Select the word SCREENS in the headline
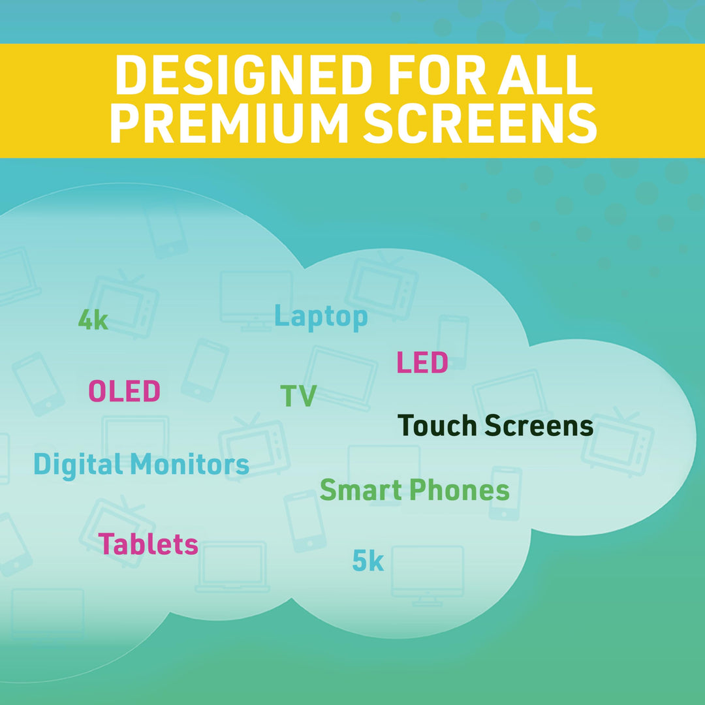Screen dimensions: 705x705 click(480, 123)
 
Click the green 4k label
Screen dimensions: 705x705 click(93, 321)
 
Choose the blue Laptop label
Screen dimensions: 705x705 click(321, 317)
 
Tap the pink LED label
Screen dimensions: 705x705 click(422, 363)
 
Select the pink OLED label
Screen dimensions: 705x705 click(124, 392)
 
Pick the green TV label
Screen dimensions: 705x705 click(298, 396)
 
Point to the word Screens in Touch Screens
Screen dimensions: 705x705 click(539, 426)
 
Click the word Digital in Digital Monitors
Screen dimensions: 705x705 click(78, 465)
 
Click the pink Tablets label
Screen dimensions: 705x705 click(148, 544)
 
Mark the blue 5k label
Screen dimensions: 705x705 click(368, 561)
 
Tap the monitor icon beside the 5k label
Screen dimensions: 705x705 click(428, 574)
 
